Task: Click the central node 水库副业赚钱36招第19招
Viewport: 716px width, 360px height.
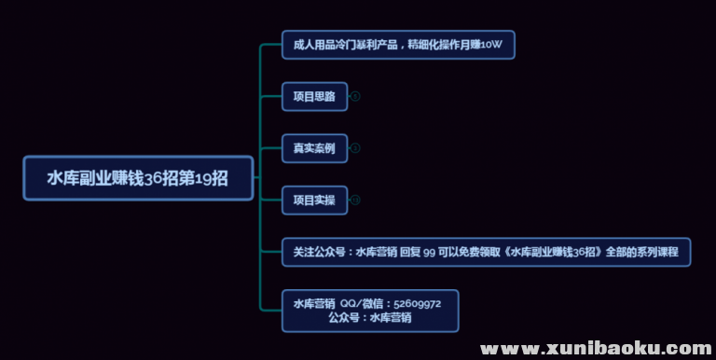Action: point(138,178)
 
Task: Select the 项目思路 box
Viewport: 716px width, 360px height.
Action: point(314,96)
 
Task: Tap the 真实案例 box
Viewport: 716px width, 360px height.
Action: point(314,147)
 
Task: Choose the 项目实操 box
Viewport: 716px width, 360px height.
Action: point(314,200)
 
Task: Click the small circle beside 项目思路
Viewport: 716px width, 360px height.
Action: point(355,96)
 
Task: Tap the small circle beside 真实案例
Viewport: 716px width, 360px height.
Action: point(355,147)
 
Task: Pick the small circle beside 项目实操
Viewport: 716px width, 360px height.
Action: point(355,200)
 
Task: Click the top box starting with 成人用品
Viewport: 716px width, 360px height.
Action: point(398,44)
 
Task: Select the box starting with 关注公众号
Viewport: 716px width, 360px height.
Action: point(486,252)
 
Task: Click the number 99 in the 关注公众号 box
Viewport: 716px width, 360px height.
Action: point(430,252)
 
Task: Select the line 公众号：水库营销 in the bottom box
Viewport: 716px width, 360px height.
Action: point(370,318)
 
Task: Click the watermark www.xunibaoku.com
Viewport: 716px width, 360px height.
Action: point(597,348)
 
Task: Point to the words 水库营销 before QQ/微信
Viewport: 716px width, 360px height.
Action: point(314,304)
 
